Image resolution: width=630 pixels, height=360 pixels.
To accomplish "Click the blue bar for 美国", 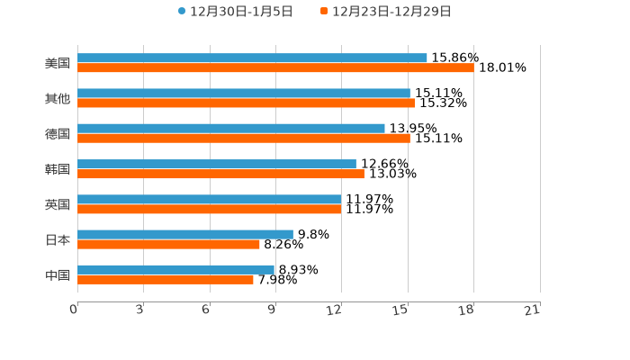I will point(252,58).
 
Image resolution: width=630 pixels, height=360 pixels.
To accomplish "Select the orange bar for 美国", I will point(275,67).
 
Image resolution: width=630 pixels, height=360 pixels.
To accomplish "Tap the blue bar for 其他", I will point(243,93).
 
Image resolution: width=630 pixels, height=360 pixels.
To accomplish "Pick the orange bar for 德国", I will point(243,138).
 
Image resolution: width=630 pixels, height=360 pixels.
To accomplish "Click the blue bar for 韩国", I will point(217,164).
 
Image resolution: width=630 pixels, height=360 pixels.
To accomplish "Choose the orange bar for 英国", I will point(210,209).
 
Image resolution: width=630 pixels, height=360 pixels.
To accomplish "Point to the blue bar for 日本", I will point(185,234).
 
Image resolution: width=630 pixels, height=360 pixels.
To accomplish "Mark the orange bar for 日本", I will point(168,244).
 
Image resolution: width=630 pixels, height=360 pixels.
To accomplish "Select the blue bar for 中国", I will point(175,269).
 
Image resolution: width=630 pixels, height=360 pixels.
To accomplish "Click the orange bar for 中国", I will point(166,279).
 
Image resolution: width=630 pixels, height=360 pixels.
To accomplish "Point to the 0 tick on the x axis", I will point(74,310).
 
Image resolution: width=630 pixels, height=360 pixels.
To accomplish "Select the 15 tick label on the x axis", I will point(400,310).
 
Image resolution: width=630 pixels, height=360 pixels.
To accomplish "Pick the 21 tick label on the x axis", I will point(532,310).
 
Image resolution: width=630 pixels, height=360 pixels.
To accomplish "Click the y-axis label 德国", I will point(58,133).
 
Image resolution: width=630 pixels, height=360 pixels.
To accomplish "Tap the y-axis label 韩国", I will point(58,169).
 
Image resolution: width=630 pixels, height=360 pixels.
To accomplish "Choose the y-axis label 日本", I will point(58,239).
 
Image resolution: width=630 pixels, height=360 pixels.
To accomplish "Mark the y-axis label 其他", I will point(58,98).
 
